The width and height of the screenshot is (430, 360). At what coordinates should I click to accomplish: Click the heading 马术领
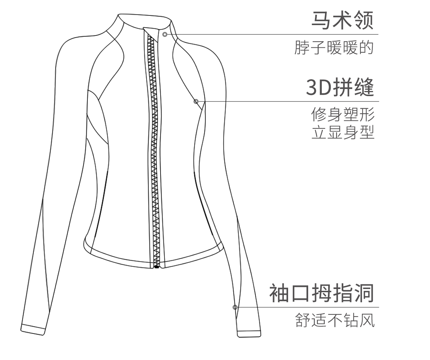click(342, 20)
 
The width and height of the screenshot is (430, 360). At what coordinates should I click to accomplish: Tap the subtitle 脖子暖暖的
click(334, 48)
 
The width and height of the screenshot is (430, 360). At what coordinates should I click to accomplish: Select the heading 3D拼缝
click(340, 87)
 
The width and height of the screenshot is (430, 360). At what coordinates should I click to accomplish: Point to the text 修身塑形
click(343, 115)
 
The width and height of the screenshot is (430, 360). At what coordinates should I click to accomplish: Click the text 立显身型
click(343, 133)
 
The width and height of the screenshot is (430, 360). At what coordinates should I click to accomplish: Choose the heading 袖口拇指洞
click(321, 293)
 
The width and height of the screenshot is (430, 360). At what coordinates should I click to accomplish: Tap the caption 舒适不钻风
click(335, 320)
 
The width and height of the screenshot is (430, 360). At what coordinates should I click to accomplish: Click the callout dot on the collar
click(165, 34)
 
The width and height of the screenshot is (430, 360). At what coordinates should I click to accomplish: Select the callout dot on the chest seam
click(196, 101)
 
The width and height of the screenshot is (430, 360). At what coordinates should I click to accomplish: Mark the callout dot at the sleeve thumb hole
click(235, 307)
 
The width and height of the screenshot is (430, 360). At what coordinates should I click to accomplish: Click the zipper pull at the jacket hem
click(156, 267)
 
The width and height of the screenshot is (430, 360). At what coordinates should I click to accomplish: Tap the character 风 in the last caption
click(368, 320)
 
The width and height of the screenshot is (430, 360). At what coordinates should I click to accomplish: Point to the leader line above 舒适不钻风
click(308, 307)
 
